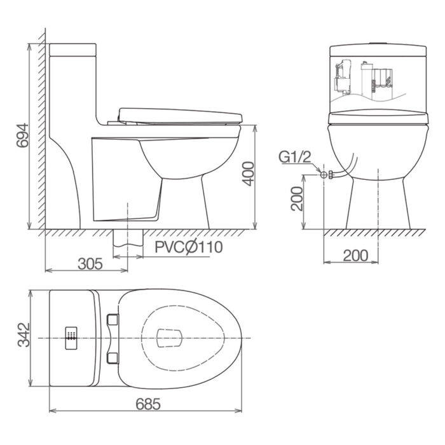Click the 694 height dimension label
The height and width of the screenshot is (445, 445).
click(x=23, y=135)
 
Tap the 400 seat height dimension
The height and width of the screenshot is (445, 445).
click(x=249, y=174)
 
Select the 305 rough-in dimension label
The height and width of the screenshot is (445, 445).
click(x=90, y=264)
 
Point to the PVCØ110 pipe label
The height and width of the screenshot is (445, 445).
click(x=188, y=247)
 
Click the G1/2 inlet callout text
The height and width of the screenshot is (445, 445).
click(x=295, y=157)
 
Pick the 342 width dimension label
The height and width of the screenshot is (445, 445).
click(x=24, y=334)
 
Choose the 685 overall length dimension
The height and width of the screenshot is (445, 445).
click(x=148, y=404)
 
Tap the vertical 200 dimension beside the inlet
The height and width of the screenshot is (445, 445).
click(x=297, y=198)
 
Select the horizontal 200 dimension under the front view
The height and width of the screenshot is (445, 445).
click(x=355, y=256)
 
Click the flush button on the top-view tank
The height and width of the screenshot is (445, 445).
click(x=71, y=338)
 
